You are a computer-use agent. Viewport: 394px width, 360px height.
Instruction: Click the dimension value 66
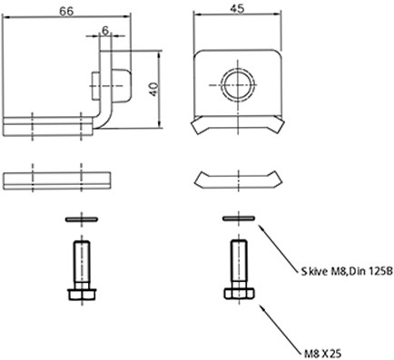tap(66, 11)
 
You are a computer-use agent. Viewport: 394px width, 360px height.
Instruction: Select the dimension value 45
tap(237, 9)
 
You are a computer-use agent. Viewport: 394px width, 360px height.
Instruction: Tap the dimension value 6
tap(105, 31)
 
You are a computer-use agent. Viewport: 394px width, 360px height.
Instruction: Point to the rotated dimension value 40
tap(154, 89)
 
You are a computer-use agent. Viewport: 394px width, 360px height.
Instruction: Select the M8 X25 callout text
tap(323, 353)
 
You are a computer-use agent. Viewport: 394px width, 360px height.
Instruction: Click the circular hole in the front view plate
tap(238, 85)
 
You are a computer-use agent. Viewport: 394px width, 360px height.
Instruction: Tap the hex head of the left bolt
tap(82, 295)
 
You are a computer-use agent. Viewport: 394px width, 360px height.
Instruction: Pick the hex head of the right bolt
tap(239, 294)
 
